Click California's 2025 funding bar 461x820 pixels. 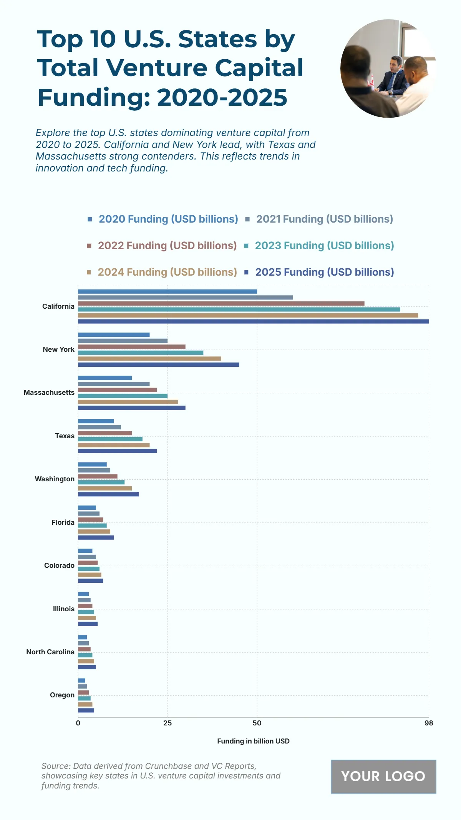click(253, 321)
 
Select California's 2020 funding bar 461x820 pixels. click(167, 291)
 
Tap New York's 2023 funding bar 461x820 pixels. click(141, 353)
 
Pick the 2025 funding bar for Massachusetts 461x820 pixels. click(131, 408)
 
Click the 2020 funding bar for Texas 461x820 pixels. click(96, 421)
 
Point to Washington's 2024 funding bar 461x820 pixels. click(104, 488)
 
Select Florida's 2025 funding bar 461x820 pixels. click(96, 537)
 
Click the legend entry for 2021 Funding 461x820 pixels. click(324, 219)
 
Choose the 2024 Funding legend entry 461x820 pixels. click(167, 272)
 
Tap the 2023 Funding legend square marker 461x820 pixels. click(246, 246)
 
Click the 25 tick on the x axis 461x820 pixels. click(167, 723)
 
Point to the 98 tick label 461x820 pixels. click(429, 723)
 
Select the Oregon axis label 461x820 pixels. click(62, 695)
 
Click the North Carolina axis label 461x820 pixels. click(50, 652)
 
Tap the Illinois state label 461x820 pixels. click(64, 609)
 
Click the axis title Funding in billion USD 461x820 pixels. click(253, 741)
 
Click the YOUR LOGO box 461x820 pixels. click(383, 776)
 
